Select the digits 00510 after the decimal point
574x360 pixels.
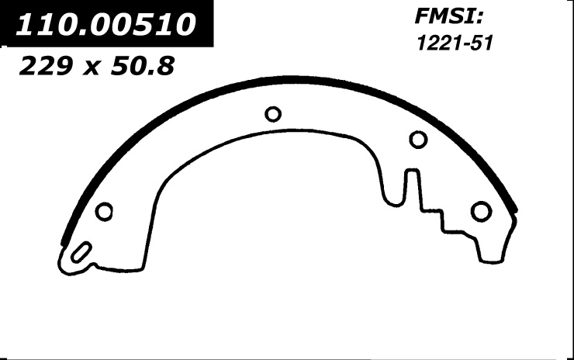coord(140,24)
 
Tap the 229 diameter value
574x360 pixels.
coord(44,66)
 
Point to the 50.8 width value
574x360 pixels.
coord(143,66)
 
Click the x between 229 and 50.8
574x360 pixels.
coord(91,68)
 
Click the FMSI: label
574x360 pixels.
coord(449,16)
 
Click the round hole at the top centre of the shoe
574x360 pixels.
coord(273,114)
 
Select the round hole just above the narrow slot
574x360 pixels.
coord(418,140)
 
